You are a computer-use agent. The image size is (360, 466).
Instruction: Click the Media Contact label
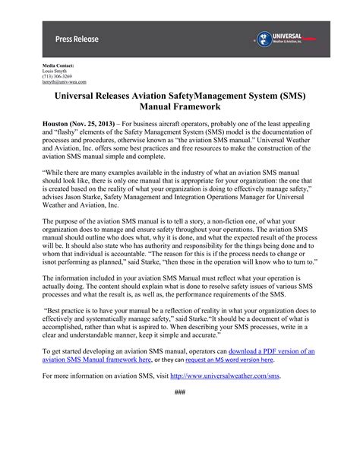pos(58,68)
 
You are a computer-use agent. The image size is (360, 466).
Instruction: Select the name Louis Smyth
pos(55,72)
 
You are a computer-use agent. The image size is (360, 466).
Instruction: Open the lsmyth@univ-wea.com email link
pos(64,82)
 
